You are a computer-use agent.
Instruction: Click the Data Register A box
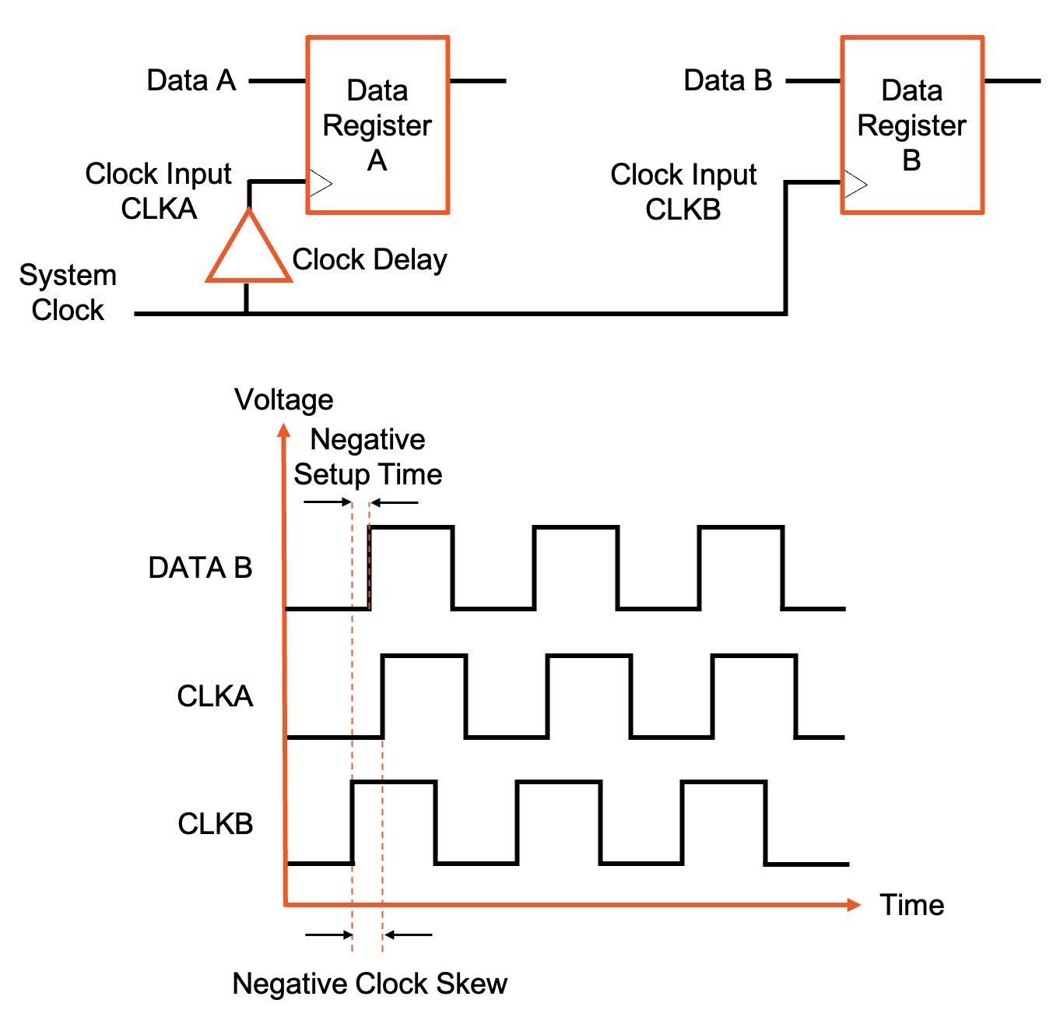pos(377,125)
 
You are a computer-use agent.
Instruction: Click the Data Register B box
pos(912,125)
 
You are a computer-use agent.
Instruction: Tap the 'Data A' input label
pos(191,80)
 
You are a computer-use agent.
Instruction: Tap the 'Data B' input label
pos(728,80)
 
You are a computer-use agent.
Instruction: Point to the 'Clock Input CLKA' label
pos(158,191)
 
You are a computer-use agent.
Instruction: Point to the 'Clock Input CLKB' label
pos(683,192)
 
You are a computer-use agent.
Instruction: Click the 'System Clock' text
pos(68,292)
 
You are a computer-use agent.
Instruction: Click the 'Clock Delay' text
pos(370,259)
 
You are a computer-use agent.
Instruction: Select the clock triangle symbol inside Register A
pos(320,184)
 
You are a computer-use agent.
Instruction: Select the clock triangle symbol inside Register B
pos(855,185)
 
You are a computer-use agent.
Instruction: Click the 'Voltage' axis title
pos(284,400)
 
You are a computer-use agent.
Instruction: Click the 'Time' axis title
pos(911,905)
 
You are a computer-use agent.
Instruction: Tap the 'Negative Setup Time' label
pos(367,457)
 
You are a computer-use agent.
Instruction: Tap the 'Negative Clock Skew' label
pos(370,984)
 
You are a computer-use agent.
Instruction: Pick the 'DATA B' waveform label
pos(200,568)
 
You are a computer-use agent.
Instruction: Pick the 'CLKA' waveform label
pos(215,695)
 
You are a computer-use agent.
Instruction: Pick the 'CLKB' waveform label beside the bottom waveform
pos(216,823)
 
